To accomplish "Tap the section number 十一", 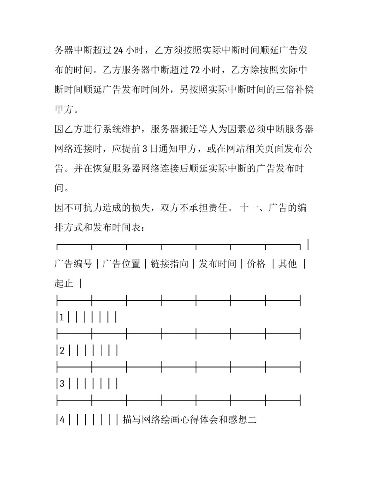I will tap(249, 208).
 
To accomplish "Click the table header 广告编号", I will tap(73, 264).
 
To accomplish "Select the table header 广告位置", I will tap(121, 264).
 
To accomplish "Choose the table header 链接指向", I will tap(169, 264).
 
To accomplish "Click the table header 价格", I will tap(256, 264).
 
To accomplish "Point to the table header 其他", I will tap(287, 264).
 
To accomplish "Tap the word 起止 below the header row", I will tap(64, 284).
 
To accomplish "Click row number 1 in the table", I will tap(62, 317).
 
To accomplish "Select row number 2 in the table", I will tap(62, 351).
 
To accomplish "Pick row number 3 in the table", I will tap(62, 384).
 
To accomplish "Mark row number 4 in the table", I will tap(62, 420).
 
